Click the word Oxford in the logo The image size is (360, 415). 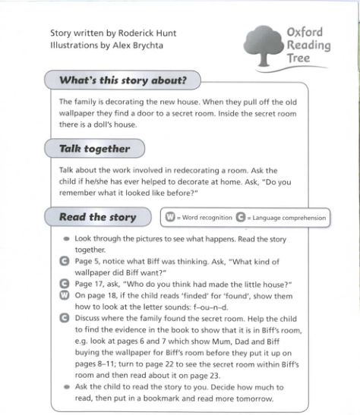(x=305, y=32)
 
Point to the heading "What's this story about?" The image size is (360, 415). (x=123, y=80)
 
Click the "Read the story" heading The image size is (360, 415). (x=98, y=217)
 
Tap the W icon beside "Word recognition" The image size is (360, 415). (x=170, y=218)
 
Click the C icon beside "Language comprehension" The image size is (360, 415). (x=241, y=218)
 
